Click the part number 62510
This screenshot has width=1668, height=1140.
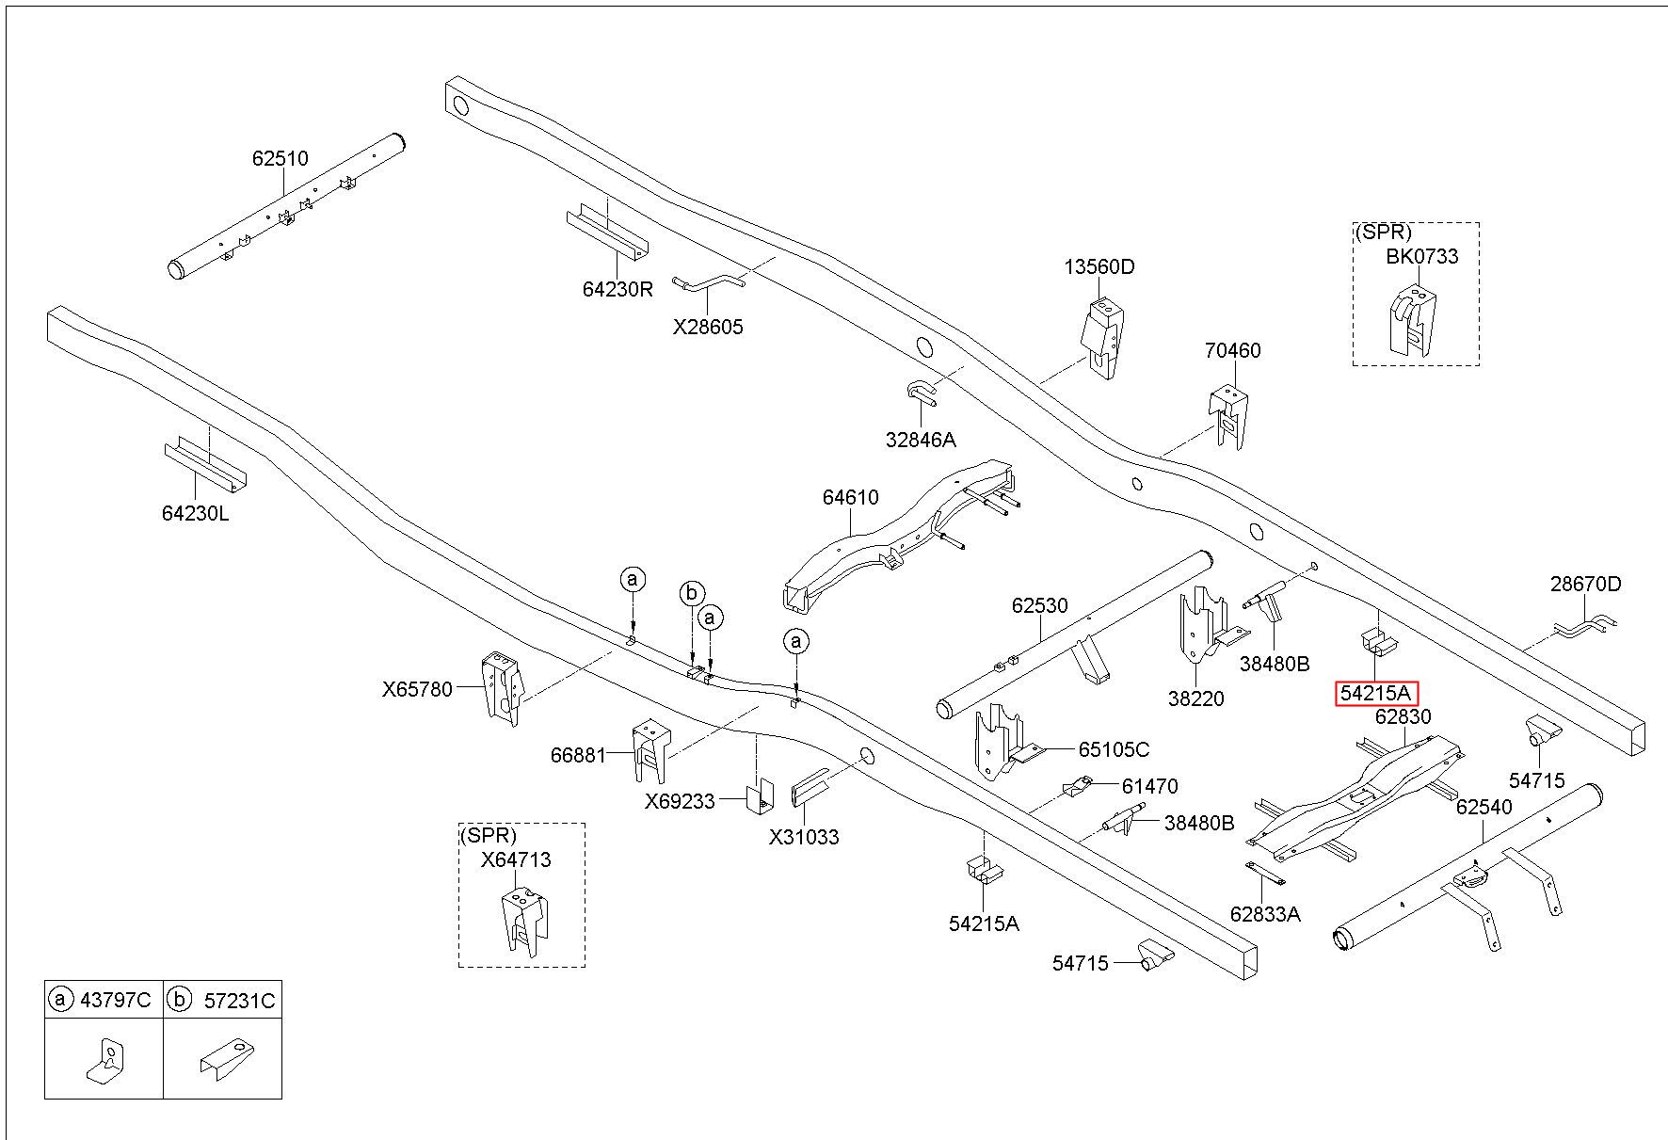(280, 158)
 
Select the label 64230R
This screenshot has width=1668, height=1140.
(617, 289)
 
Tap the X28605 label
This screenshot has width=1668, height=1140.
(708, 327)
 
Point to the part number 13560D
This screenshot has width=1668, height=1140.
(1099, 266)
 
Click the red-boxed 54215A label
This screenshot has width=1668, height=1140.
(1376, 694)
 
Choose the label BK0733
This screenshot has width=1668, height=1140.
(1421, 256)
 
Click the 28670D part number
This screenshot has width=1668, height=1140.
(1586, 584)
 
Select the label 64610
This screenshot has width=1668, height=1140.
(850, 497)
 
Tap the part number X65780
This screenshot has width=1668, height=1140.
(418, 688)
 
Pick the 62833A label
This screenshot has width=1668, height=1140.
(1265, 913)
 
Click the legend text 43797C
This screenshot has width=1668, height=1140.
(115, 1000)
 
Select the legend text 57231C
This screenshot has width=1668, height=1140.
(239, 1000)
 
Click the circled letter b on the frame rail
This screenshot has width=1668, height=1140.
(692, 593)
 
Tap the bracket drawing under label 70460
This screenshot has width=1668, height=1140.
(1229, 417)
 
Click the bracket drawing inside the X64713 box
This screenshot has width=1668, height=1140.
(523, 922)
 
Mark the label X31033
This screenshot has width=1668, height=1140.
(804, 837)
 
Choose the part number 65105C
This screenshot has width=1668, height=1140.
(1114, 749)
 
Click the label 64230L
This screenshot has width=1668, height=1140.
(195, 513)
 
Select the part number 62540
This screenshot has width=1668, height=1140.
(1484, 807)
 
